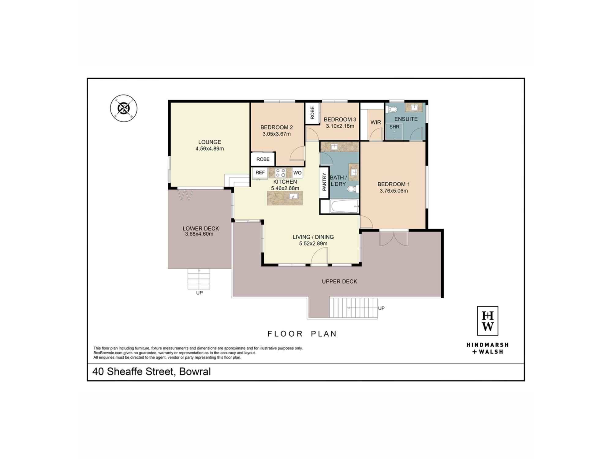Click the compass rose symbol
point(124,108)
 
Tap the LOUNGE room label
point(210,142)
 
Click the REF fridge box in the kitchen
point(260,173)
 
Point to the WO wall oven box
point(297,173)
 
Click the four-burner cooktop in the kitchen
point(280,173)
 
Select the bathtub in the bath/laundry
point(344,206)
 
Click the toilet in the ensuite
point(392,109)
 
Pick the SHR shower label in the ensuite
point(394,127)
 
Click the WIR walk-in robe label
point(376,122)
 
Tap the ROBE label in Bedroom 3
point(312,113)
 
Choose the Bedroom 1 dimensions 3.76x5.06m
point(394,191)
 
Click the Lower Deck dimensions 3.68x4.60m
point(199,234)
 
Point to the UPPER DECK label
point(339,282)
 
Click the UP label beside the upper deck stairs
point(381,308)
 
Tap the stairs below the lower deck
point(199,279)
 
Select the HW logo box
point(488,321)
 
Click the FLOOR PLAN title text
point(302,334)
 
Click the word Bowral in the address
point(195,371)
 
